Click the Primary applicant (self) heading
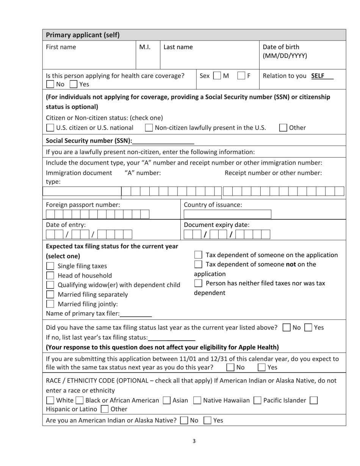coord(83,35)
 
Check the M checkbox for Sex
coord(217,75)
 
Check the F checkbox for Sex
coord(241,75)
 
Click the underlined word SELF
coord(318,75)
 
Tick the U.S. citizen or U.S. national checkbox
coord(50,128)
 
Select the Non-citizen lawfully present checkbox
coord(149,128)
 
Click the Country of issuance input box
coord(227,214)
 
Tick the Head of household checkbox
coord(50,275)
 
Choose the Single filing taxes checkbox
coord(50,266)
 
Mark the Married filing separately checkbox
coord(50,294)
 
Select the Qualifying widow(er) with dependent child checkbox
coord(50,285)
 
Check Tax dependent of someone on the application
coord(198,255)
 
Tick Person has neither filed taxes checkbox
coord(198,283)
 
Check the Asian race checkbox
coord(166,400)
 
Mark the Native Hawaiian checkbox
coord(197,400)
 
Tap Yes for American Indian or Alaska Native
coord(208,420)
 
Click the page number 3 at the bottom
coord(194,441)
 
